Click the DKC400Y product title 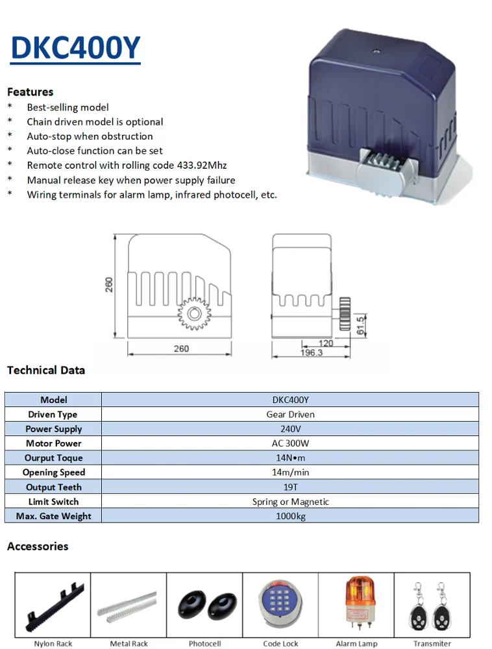(x=76, y=48)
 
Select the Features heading (x=31, y=92)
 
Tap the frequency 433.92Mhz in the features (x=202, y=165)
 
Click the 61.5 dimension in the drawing (x=360, y=325)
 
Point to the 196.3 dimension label (x=312, y=352)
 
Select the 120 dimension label (x=326, y=343)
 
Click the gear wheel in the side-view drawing (x=194, y=313)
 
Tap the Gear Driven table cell (x=291, y=414)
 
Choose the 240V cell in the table (x=291, y=429)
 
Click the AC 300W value (x=291, y=443)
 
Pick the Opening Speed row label (x=54, y=472)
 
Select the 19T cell (x=291, y=487)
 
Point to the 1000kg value (x=291, y=516)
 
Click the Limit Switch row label (x=53, y=502)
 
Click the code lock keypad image (x=280, y=603)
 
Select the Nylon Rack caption (x=53, y=644)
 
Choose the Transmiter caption (x=432, y=644)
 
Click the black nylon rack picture (x=55, y=606)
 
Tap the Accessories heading (x=38, y=546)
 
